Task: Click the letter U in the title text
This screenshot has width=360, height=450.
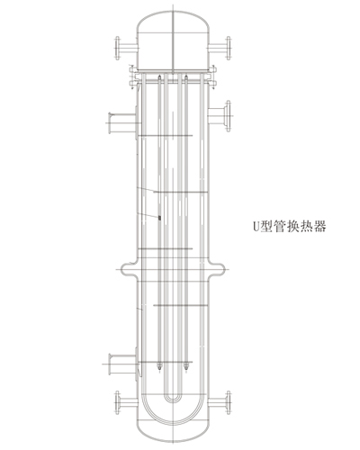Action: [256, 226]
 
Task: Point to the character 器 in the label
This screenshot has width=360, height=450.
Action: [320, 226]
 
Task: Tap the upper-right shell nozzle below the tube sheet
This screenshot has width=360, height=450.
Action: [220, 115]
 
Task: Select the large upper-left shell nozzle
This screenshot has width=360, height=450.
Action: [122, 123]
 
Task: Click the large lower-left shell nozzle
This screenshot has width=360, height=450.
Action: [122, 364]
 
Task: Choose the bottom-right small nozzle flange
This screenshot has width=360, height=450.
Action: [220, 402]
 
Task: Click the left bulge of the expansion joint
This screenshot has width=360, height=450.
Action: [129, 270]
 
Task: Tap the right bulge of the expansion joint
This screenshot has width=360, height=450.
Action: [216, 270]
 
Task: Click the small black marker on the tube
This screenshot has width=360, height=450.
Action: [159, 218]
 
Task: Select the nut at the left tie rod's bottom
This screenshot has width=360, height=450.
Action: [159, 366]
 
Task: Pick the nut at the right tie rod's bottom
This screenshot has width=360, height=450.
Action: [186, 366]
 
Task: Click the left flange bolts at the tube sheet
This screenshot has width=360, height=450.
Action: [132, 77]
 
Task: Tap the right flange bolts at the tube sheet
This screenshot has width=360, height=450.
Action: [212, 77]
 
